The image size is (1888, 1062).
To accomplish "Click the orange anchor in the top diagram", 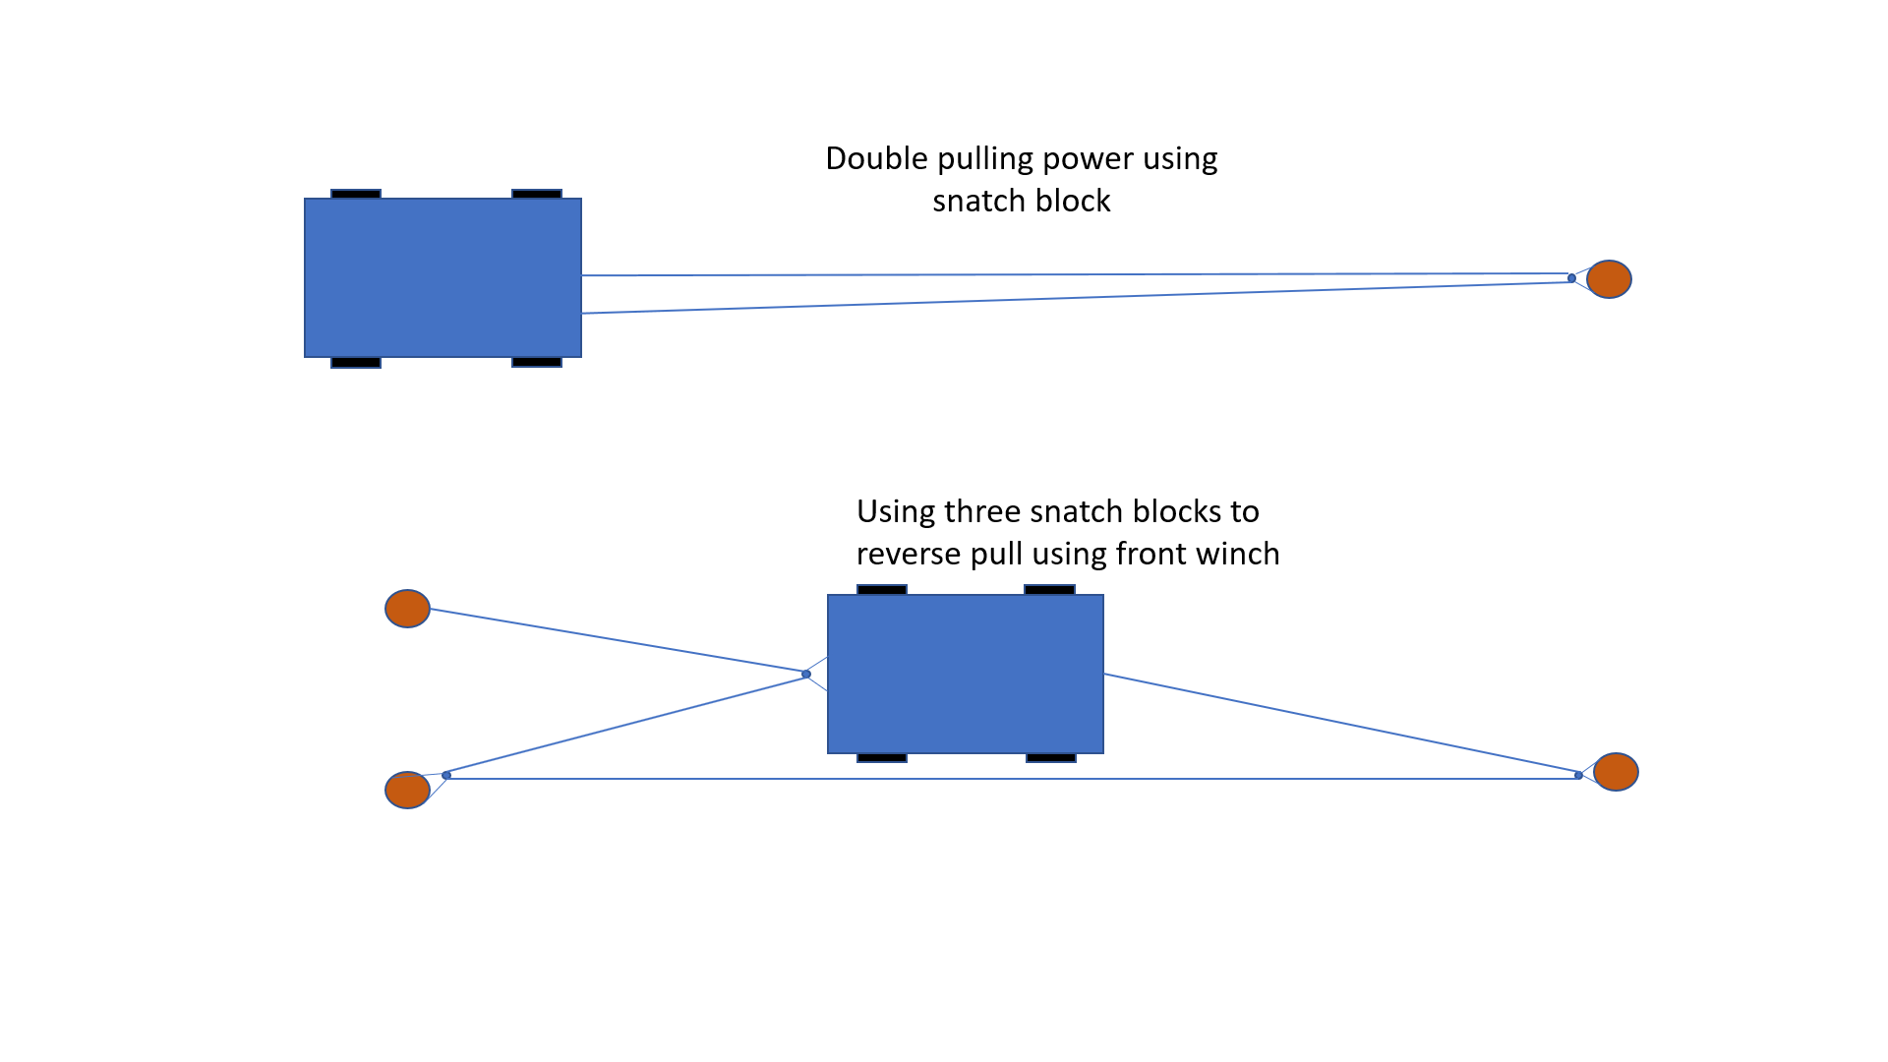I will coord(1609,279).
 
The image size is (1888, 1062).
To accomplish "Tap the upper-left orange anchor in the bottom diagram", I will coord(407,609).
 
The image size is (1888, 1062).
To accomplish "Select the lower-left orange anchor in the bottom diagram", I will coord(407,790).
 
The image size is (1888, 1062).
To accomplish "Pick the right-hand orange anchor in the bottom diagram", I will coord(1616,772).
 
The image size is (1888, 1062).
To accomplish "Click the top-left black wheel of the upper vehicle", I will coord(356,195).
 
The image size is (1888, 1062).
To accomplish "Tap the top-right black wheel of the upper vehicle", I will coord(537,195).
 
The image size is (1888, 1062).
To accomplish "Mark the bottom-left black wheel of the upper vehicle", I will coord(356,363).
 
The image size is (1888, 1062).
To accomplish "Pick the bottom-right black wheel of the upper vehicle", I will coord(537,363).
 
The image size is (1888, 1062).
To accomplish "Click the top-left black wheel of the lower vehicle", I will coord(882,590).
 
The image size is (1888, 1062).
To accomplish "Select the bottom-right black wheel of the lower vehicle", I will coord(1051,758).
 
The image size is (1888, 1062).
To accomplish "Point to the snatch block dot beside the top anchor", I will coord(1571,278).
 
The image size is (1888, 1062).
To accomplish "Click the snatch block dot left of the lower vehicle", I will coord(806,674).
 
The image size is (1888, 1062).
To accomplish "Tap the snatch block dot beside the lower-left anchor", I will coord(446,775).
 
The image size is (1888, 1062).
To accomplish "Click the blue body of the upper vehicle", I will coord(442,277).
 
